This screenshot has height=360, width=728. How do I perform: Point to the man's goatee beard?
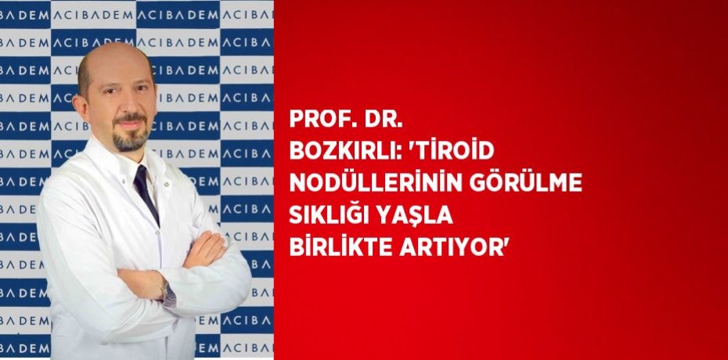coord(128,138)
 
